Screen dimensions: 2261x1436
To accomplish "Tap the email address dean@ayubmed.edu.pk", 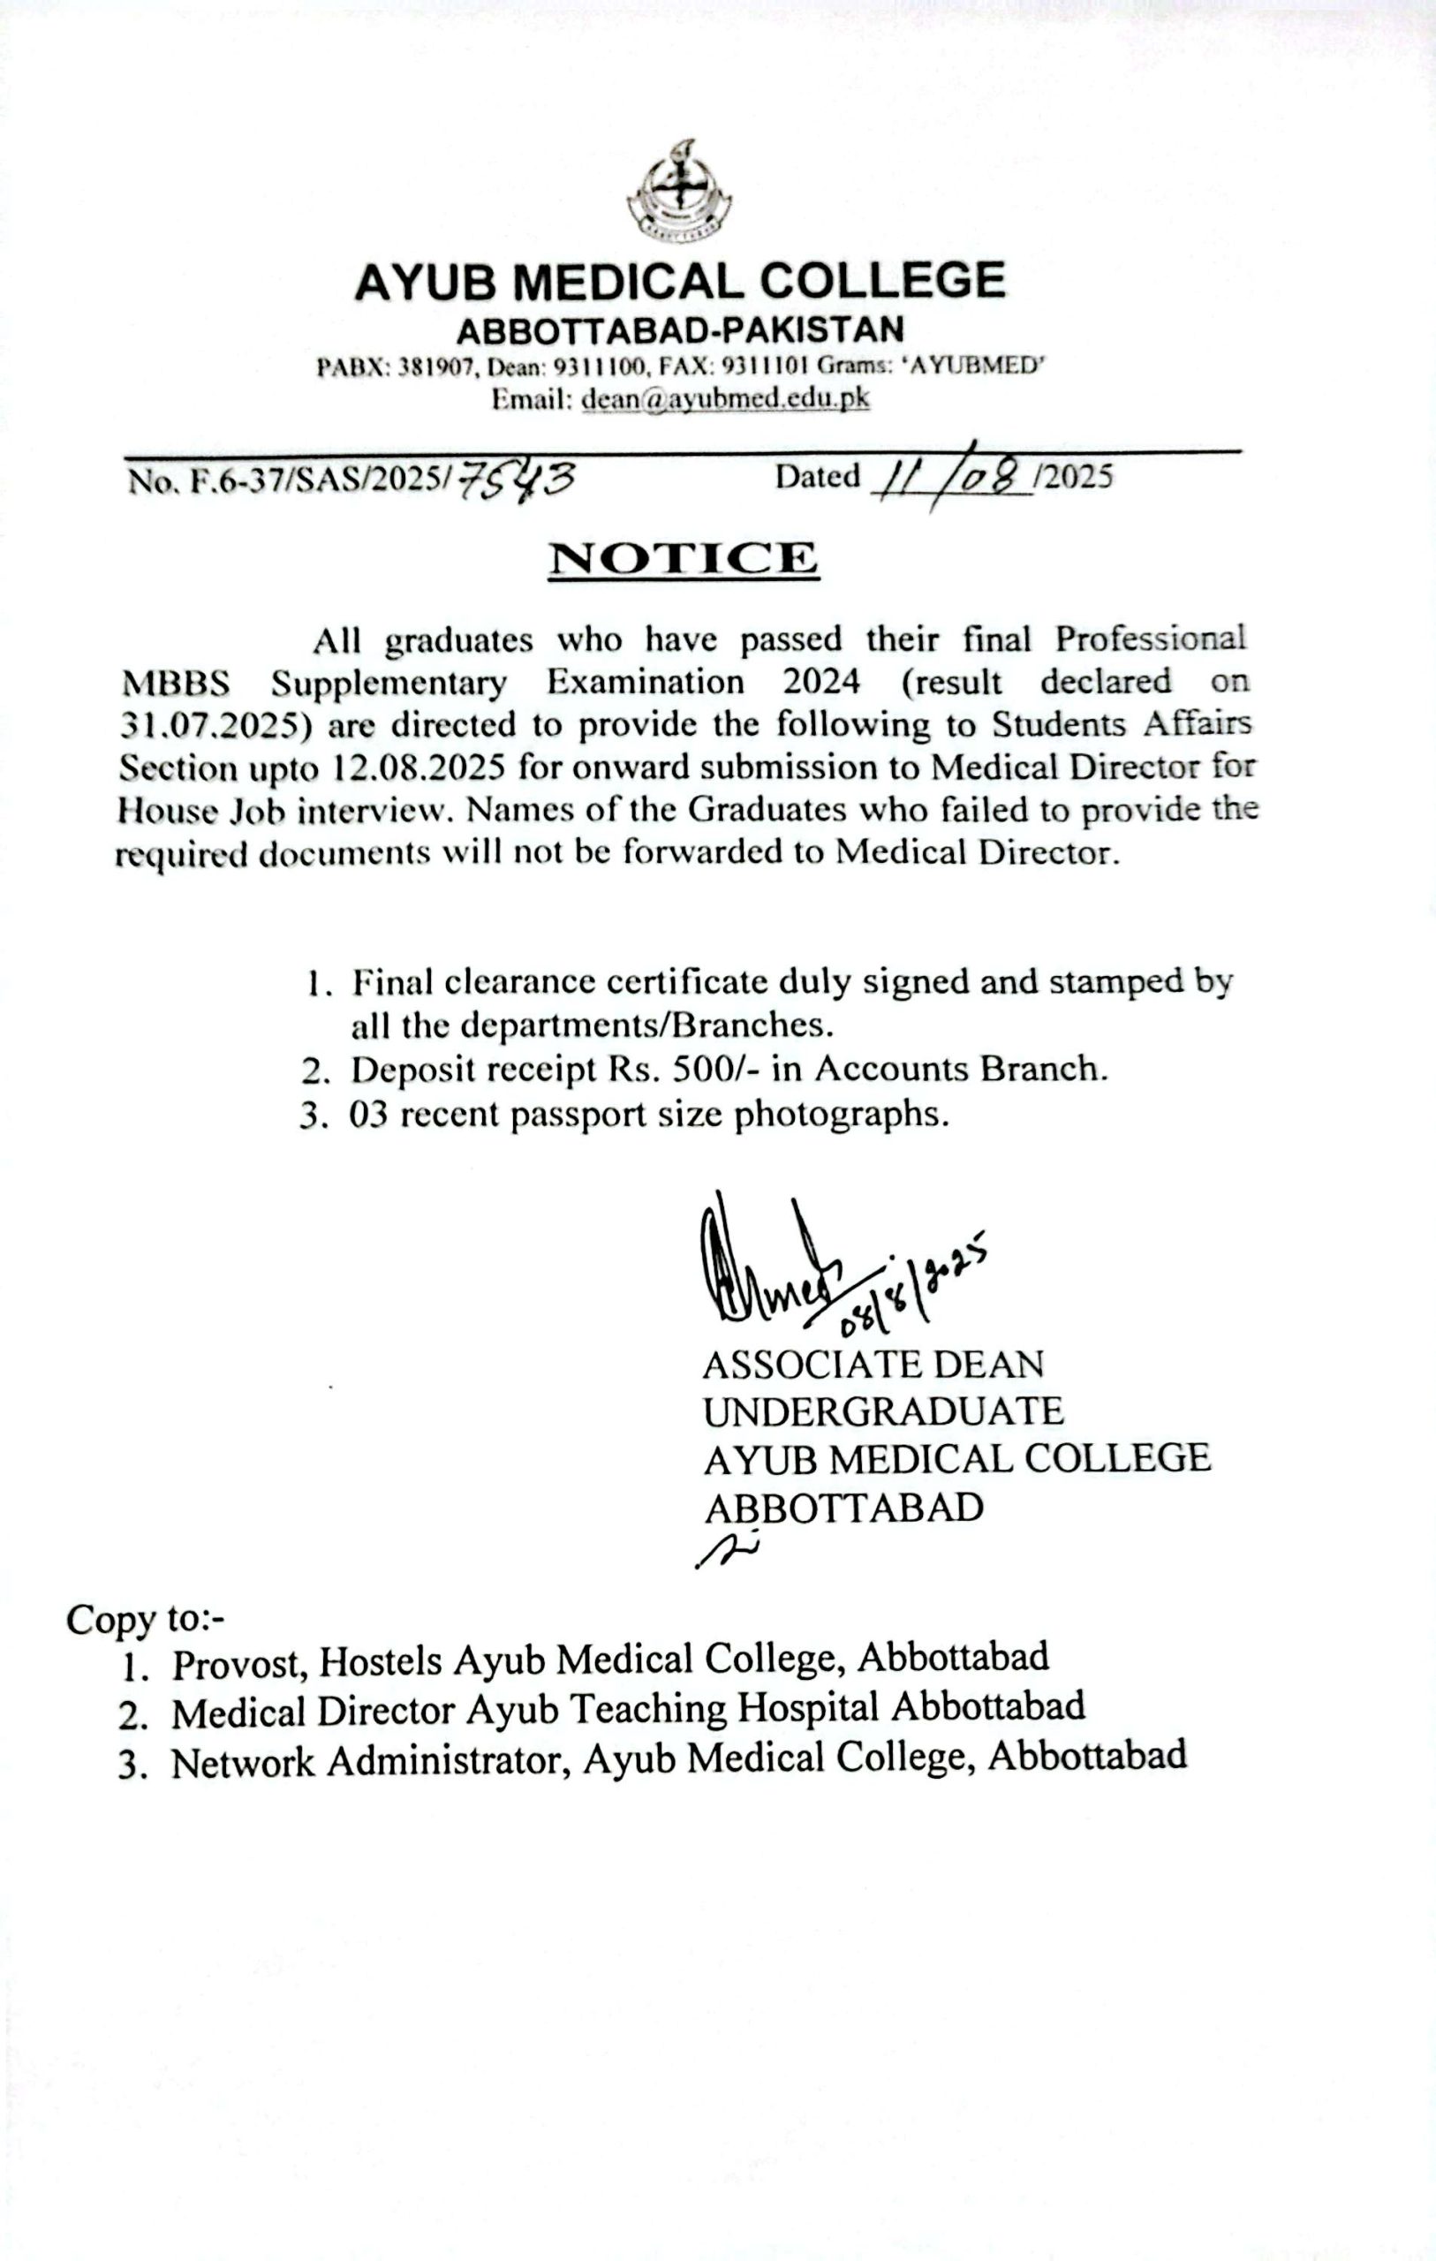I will point(725,398).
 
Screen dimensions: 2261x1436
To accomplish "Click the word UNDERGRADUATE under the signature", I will point(883,1411).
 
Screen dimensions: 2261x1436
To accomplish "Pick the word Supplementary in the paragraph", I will point(389,683).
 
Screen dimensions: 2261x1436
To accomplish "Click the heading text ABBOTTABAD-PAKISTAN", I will point(680,330).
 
